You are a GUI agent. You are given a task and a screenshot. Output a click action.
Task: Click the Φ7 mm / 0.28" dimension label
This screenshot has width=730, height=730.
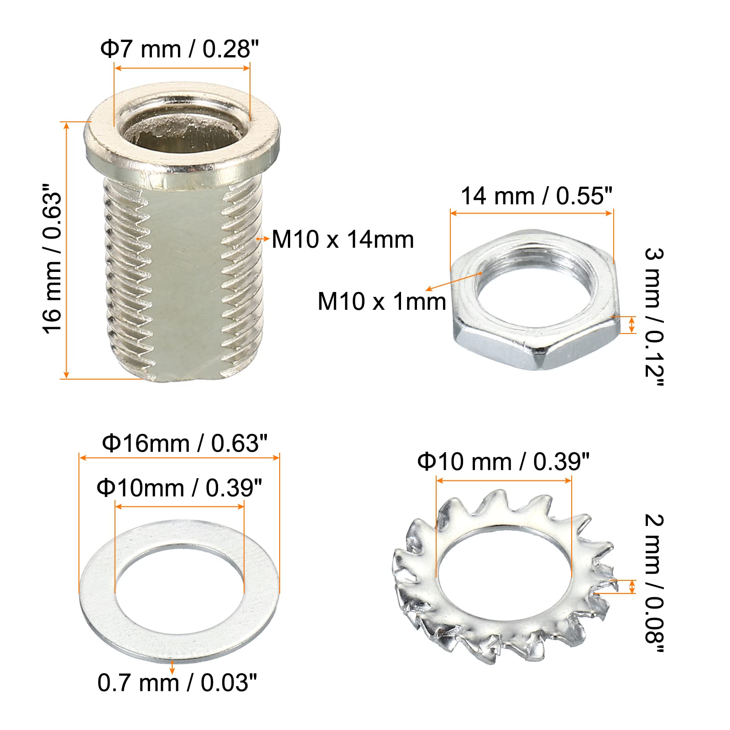(179, 49)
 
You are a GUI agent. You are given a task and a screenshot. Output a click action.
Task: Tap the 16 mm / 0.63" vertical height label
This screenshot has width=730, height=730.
(52, 259)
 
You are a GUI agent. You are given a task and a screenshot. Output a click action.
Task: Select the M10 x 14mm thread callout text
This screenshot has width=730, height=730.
(343, 240)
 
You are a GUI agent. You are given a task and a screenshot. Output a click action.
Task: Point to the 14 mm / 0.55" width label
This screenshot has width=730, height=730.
(536, 196)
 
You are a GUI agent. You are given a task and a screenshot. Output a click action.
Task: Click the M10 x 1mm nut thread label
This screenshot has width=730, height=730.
(382, 302)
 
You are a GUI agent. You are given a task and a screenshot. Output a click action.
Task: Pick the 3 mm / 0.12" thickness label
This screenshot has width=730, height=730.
(654, 318)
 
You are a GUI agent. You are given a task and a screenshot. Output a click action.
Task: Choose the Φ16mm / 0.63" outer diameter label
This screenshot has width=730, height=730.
(184, 443)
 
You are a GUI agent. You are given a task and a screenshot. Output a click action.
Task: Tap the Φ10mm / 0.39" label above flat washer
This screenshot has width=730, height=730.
(179, 488)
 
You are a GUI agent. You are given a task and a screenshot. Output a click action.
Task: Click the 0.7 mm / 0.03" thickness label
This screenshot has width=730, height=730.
(177, 683)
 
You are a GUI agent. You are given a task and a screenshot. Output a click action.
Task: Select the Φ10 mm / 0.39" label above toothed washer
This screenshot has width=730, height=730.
(503, 462)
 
